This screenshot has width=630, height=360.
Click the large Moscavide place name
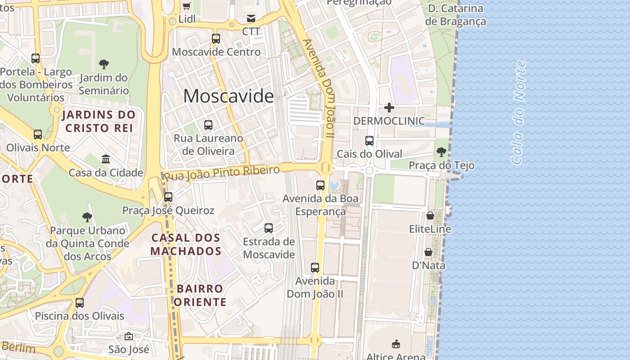click(x=228, y=96)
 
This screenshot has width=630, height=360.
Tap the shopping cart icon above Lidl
click(x=187, y=6)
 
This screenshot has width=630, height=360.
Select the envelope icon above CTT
click(x=251, y=18)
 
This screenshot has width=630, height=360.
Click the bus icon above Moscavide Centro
click(x=216, y=38)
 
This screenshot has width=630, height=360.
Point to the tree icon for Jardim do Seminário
click(x=104, y=64)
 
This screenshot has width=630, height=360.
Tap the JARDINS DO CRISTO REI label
click(x=99, y=121)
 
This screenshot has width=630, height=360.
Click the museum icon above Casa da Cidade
click(x=106, y=159)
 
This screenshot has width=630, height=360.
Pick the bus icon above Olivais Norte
click(x=38, y=134)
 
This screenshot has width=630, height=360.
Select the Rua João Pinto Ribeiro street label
click(x=222, y=172)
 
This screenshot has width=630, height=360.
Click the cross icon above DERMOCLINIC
click(x=389, y=108)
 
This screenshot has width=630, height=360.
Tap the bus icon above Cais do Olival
click(x=369, y=140)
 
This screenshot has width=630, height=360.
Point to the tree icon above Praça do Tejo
click(x=441, y=152)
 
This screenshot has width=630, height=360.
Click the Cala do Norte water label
click(x=518, y=112)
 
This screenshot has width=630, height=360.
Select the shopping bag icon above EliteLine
click(x=430, y=216)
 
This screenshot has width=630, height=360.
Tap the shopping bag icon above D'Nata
click(x=428, y=252)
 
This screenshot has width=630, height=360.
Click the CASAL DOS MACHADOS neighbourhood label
click(x=185, y=244)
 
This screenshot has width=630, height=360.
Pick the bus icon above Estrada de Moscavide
click(x=269, y=228)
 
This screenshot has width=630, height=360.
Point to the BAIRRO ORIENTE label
click(x=200, y=295)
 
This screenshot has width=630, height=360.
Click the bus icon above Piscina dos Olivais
click(x=80, y=302)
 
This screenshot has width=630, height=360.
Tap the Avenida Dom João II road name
click(x=319, y=88)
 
